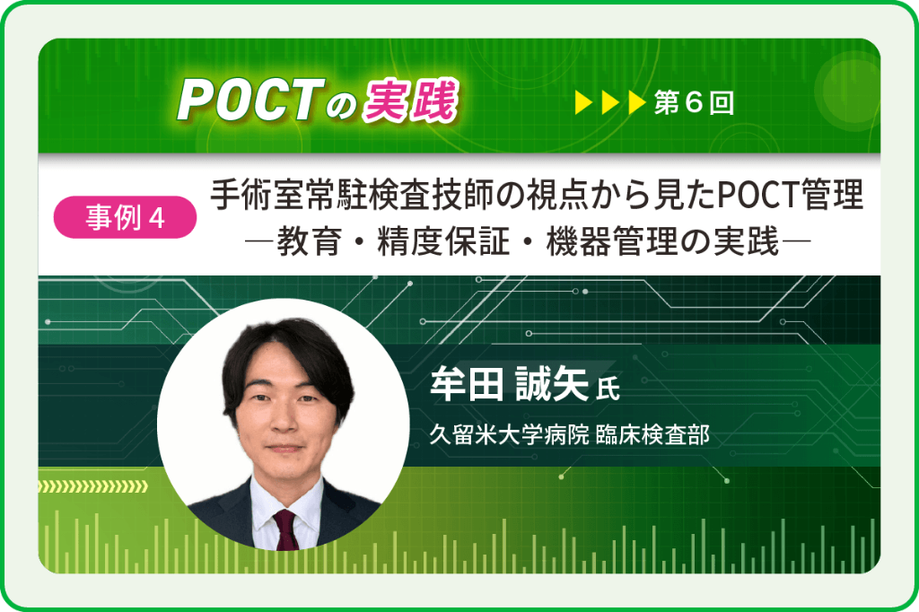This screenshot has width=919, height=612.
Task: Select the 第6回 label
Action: click(694, 103)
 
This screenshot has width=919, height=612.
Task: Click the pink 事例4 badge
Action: click(126, 218)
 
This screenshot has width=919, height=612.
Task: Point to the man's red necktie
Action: click(286, 529)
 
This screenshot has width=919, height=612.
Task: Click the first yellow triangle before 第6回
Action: click(584, 103)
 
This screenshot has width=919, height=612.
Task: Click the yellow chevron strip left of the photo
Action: click(94, 487)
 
